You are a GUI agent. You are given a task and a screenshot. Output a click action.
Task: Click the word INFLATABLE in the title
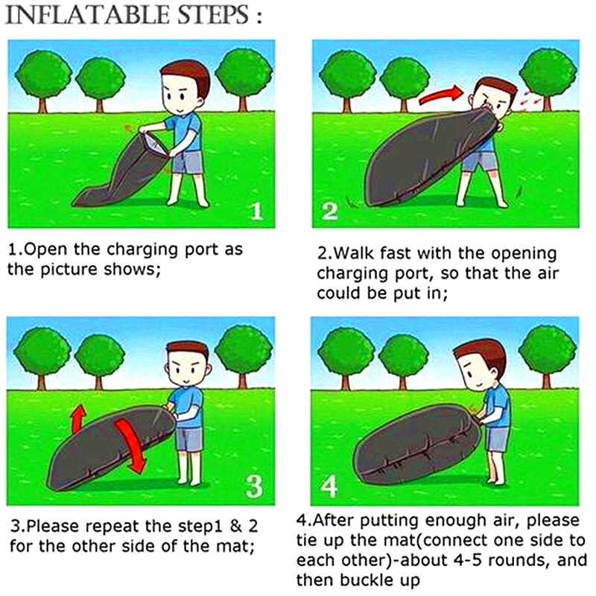88,15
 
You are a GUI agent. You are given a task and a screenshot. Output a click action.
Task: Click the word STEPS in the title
214,15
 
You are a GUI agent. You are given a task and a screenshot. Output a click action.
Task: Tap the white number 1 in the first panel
257,212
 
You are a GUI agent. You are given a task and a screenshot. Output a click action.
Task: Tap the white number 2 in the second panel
329,212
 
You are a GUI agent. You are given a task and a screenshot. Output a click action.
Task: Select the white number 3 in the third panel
254,486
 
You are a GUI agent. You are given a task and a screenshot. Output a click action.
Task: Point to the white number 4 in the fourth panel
329,486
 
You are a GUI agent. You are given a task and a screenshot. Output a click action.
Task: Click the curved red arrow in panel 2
441,95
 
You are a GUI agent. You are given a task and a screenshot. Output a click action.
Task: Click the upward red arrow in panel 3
79,418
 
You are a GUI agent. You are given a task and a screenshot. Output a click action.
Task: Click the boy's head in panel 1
185,88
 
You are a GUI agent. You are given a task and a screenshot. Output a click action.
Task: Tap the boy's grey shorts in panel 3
190,440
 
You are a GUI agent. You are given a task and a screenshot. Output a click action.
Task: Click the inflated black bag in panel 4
416,445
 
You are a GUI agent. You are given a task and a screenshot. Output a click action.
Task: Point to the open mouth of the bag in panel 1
155,143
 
